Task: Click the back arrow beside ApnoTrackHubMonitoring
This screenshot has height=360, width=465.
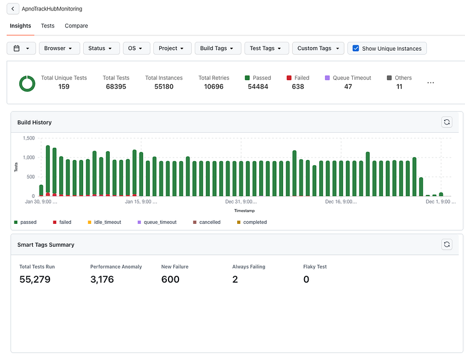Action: point(13,9)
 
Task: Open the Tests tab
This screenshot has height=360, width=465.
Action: point(48,26)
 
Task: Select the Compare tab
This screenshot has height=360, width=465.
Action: point(76,26)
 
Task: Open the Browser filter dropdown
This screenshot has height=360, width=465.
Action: point(59,48)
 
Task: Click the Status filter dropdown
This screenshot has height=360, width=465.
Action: point(101,48)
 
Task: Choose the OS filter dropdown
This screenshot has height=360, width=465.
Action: point(137,48)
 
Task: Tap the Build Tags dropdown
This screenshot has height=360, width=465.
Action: point(217,48)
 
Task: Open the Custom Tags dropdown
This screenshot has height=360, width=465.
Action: point(318,48)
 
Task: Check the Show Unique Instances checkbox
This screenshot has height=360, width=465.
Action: point(356,48)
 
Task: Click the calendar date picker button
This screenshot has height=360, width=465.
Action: point(21,48)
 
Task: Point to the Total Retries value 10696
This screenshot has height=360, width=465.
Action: point(213,87)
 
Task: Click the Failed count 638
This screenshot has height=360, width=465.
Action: point(298,87)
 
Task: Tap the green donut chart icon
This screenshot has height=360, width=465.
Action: point(27,83)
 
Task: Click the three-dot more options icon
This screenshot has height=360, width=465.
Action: point(431,83)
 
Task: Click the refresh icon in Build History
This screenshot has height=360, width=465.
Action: point(446,122)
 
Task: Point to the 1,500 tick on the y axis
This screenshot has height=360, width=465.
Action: point(28,138)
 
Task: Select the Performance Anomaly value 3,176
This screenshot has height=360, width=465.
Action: point(102,279)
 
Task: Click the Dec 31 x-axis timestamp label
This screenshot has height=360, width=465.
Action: point(241,202)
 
